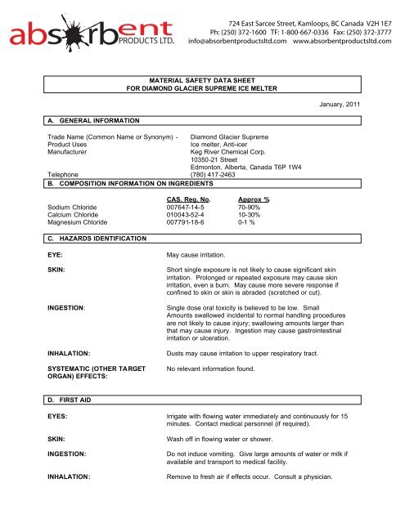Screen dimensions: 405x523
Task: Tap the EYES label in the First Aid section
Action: point(57,417)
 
